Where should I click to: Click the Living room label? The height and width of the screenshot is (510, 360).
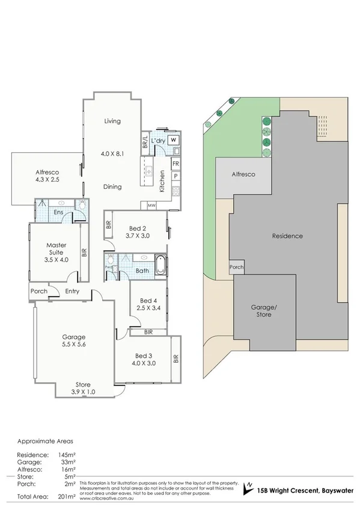(112, 121)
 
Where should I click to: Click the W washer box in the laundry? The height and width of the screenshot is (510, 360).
(173, 140)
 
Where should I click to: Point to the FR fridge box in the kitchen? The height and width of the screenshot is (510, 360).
(175, 164)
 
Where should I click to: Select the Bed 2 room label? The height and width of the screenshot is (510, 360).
(138, 228)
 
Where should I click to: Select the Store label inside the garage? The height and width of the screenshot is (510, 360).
(83, 384)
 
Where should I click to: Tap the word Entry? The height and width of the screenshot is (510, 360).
(72, 292)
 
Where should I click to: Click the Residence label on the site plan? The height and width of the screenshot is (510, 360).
(287, 236)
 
